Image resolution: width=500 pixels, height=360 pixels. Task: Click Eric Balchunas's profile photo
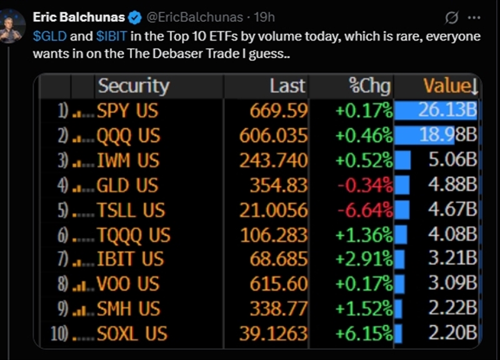coord(13,26)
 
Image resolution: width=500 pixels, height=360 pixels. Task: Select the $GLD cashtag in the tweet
coord(45,36)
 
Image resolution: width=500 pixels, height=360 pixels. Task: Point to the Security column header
coord(133,86)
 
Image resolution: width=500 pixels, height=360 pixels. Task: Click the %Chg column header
coord(371,86)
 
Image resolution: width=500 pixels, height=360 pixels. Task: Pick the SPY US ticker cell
coord(127,111)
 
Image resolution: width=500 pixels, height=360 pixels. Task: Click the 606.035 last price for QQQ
coord(273,136)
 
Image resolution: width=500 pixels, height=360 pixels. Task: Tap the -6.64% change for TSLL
coord(365,210)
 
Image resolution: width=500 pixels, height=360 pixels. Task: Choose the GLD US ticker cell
coord(127,185)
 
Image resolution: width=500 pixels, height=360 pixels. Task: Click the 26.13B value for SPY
coord(447,111)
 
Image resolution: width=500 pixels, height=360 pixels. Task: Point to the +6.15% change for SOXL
coord(364,334)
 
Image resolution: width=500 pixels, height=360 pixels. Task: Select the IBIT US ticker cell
coord(130,259)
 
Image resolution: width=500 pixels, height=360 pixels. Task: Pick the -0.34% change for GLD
coord(365,185)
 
